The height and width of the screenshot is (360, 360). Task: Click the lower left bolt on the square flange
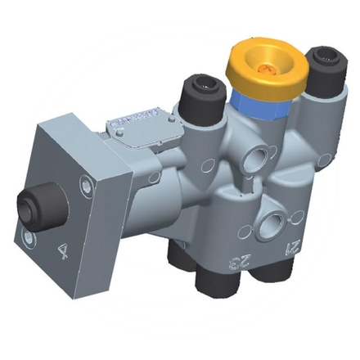[x=29, y=238]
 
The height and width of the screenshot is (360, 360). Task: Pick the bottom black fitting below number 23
[x=214, y=288]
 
